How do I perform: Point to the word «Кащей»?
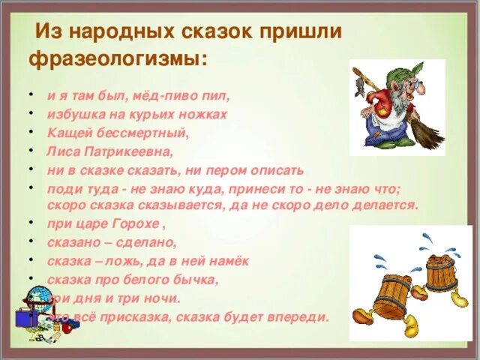coord(67,133)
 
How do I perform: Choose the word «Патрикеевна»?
coord(127,151)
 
